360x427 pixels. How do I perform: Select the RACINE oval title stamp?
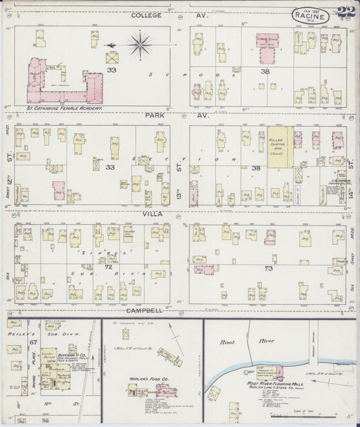[307, 15]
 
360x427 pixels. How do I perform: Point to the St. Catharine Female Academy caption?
[64, 108]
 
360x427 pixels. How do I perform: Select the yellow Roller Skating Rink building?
[278, 145]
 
